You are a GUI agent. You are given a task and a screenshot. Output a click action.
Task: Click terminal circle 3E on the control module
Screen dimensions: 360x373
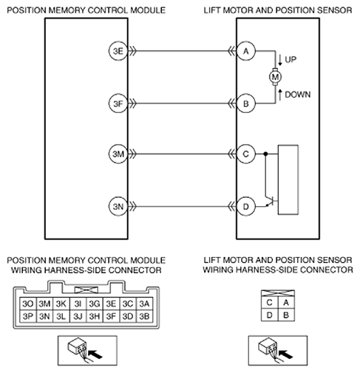[118, 51]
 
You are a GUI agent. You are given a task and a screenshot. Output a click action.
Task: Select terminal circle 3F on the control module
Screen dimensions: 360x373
[118, 103]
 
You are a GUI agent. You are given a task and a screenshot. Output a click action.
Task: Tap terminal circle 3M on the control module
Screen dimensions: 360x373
[118, 154]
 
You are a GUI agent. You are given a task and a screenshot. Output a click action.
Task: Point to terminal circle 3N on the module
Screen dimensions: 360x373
[118, 207]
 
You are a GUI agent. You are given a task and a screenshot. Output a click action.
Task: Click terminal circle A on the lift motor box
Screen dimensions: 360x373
[246, 51]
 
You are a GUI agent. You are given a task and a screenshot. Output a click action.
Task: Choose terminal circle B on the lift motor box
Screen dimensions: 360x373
[246, 103]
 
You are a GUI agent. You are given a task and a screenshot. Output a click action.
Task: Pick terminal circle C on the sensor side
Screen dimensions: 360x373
[246, 154]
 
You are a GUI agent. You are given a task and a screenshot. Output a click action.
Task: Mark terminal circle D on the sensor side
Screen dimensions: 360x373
[246, 207]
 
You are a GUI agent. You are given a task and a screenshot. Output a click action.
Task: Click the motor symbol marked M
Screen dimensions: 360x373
[275, 77]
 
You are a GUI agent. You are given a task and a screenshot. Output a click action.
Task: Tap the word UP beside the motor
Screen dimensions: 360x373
[291, 60]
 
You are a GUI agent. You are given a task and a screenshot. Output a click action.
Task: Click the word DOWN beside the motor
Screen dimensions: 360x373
[297, 95]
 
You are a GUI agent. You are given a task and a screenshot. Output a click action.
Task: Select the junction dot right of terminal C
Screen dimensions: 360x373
[265, 154]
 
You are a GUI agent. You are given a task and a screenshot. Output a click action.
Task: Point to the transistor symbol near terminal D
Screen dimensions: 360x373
[271, 202]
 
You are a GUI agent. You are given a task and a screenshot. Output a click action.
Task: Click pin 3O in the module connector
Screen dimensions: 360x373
[27, 304]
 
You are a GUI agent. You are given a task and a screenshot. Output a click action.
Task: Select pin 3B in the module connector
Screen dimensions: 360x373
[144, 316]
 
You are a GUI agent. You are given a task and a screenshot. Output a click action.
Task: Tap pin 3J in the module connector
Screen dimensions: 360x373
[78, 316]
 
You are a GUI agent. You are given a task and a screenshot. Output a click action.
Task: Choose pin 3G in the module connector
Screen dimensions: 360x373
[95, 304]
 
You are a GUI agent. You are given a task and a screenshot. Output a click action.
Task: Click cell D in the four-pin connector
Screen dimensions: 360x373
[269, 315]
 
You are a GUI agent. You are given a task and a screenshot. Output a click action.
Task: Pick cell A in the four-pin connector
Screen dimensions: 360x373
[286, 302]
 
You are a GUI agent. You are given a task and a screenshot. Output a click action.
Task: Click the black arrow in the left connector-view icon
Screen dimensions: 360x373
[95, 355]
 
